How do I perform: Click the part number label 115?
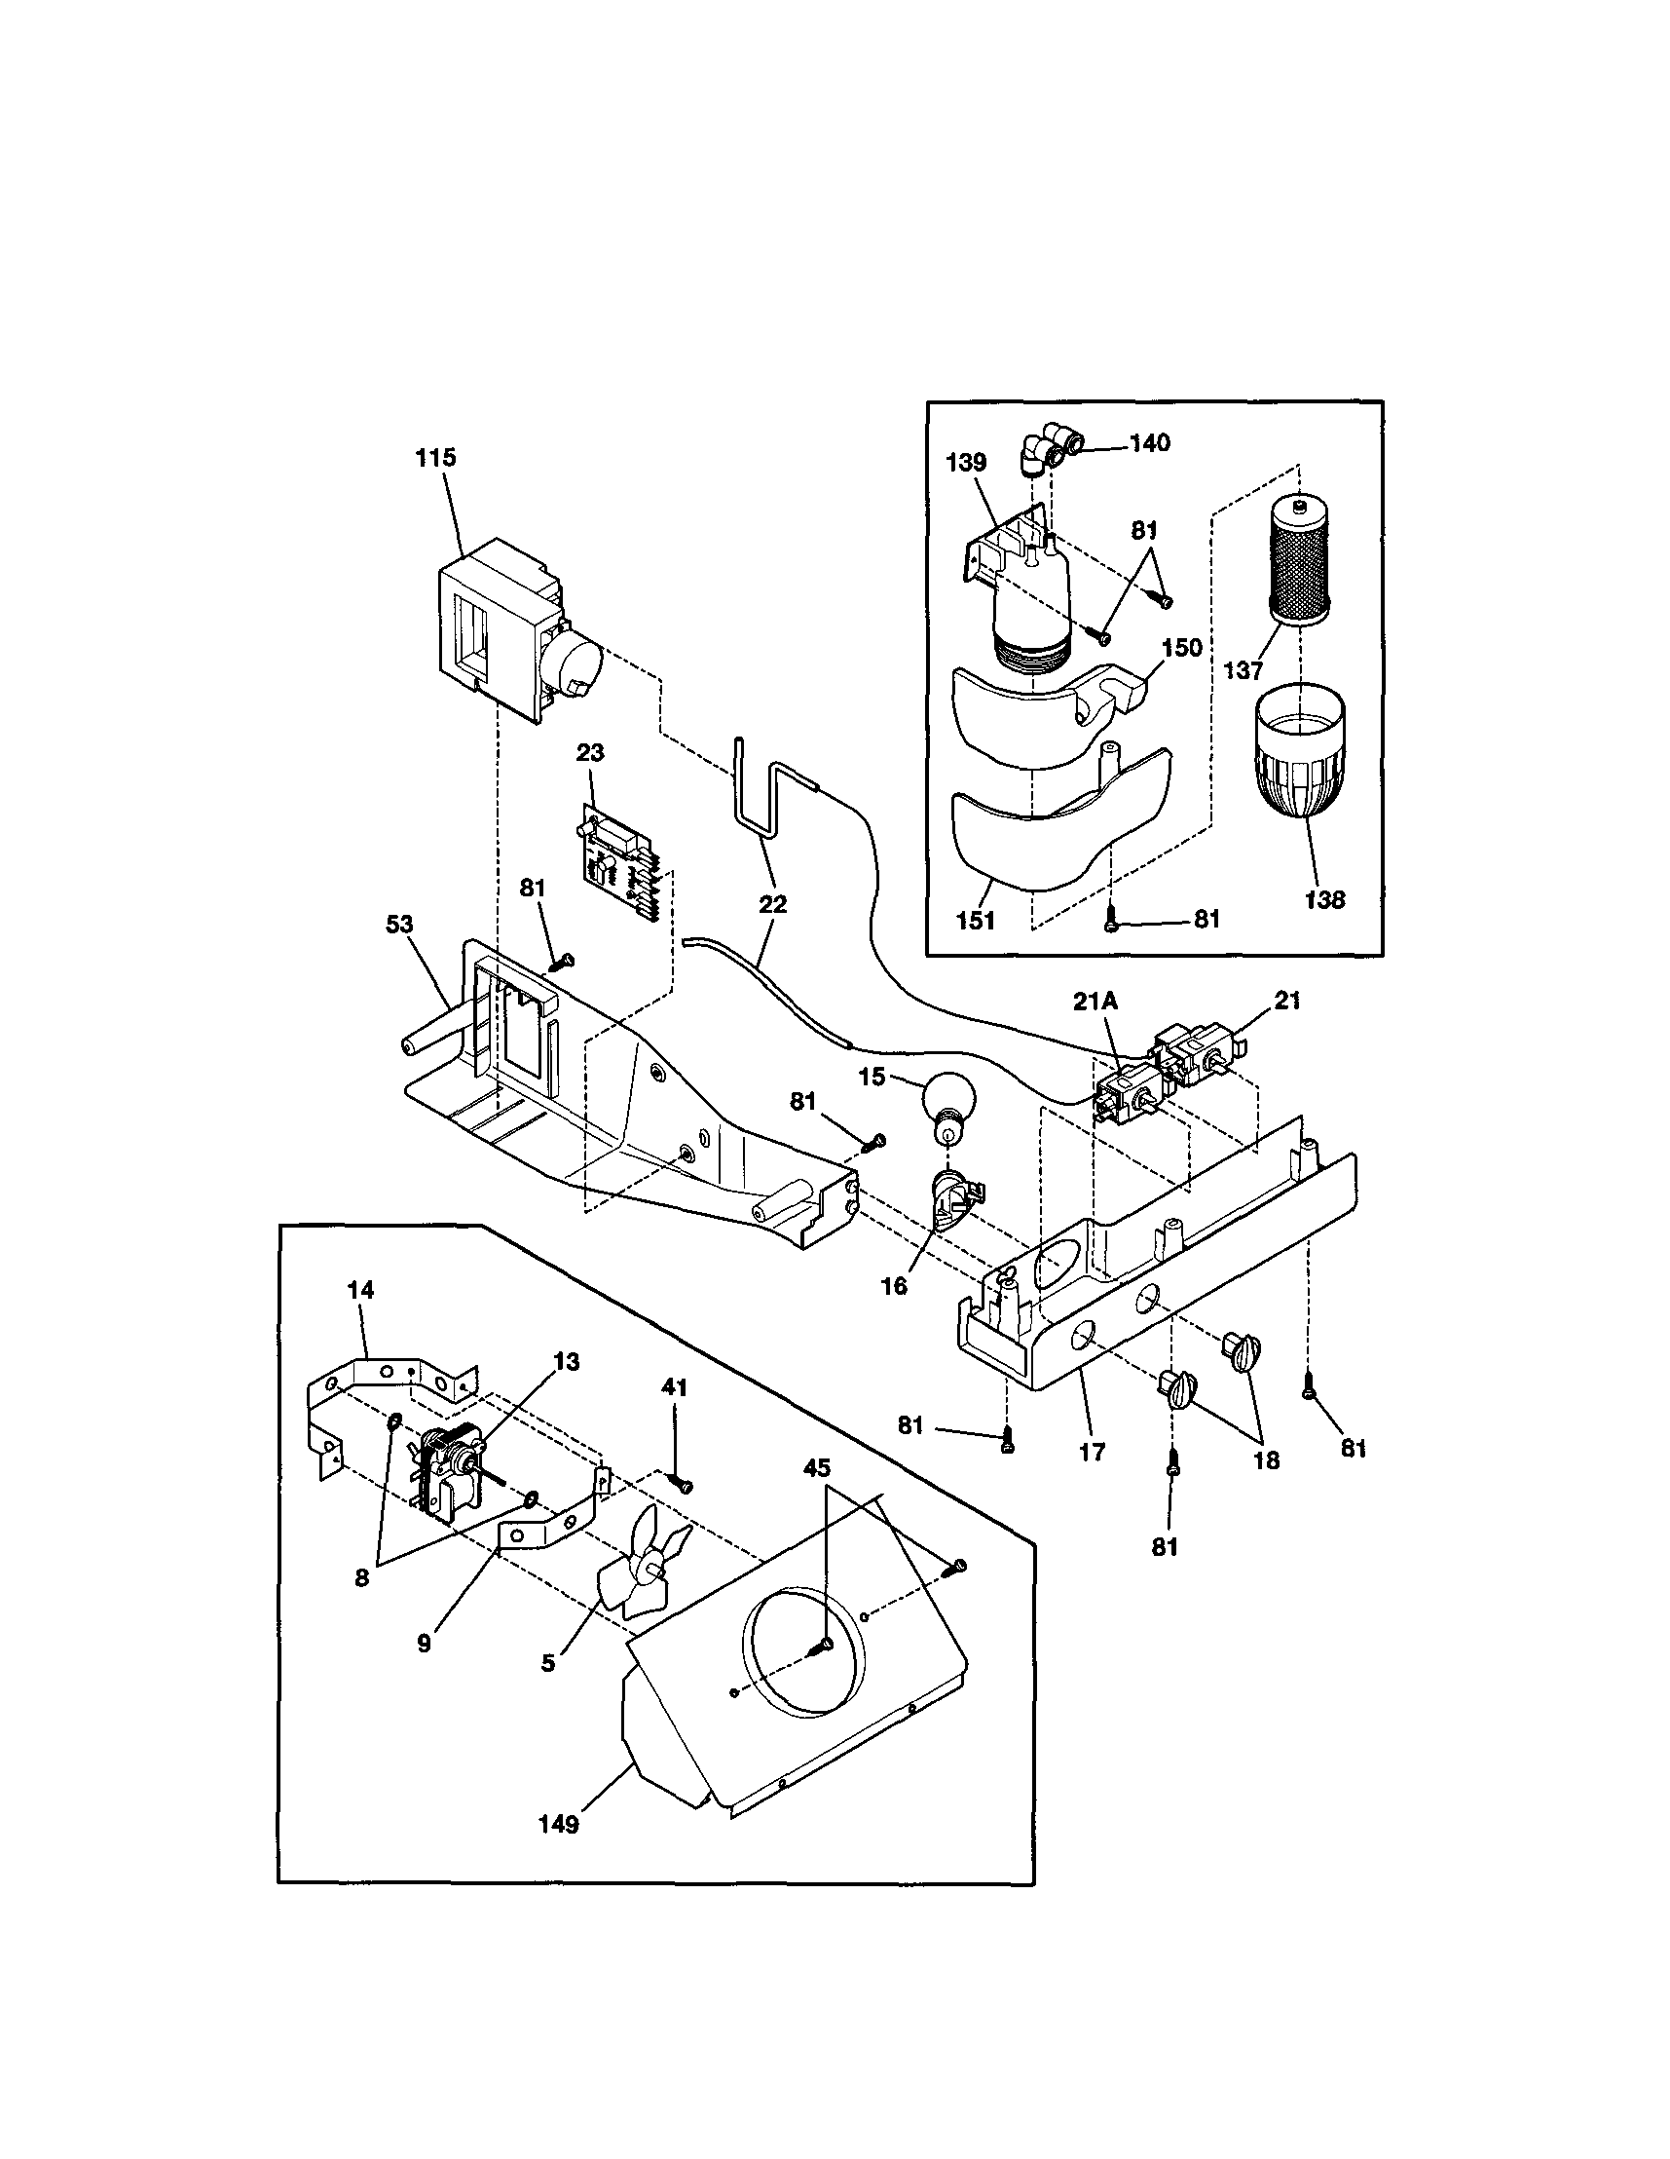pyautogui.click(x=436, y=458)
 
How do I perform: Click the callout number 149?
pyautogui.click(x=558, y=1824)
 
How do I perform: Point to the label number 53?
pyautogui.click(x=400, y=925)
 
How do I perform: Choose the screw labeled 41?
pyautogui.click(x=680, y=1484)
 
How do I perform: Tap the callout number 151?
pyautogui.click(x=976, y=921)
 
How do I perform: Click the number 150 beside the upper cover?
pyautogui.click(x=1182, y=648)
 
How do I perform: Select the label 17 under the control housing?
pyautogui.click(x=1092, y=1452)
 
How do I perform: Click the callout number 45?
pyautogui.click(x=816, y=1468)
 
